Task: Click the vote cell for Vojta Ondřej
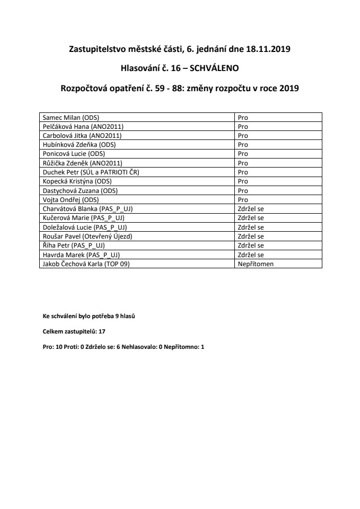243,200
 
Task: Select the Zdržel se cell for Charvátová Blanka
251,209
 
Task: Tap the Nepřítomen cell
256,264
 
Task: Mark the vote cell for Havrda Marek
251,255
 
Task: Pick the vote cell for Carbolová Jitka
243,135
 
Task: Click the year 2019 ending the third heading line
289,89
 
